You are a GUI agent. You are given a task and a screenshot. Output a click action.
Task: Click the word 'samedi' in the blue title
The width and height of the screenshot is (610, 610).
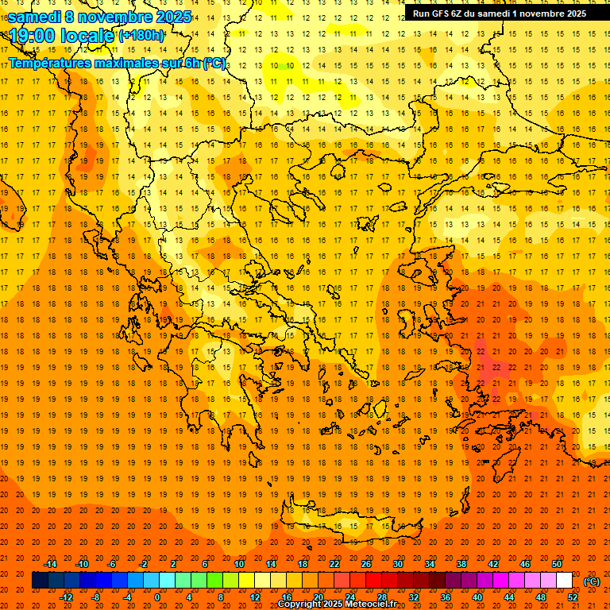35,17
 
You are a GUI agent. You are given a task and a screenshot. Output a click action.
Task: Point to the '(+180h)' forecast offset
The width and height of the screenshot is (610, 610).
141,36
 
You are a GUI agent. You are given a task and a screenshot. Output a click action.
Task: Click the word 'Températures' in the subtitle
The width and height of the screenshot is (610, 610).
49,63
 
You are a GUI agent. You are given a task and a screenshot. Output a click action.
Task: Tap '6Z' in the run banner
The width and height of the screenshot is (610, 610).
457,14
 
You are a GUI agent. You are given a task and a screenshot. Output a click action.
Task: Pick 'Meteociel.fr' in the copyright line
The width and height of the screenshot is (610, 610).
370,604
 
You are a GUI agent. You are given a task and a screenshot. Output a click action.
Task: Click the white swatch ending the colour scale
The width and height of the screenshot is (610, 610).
564,581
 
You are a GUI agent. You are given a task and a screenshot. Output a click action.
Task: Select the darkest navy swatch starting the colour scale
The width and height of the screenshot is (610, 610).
40,581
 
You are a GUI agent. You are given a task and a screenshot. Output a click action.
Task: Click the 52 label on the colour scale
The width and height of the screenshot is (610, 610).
573,597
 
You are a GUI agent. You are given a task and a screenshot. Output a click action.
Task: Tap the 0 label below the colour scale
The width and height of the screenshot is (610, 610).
158,597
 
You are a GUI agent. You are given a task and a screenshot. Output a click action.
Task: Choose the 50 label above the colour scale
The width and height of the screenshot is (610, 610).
557,564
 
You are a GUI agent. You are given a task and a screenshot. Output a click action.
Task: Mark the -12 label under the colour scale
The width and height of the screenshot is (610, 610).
66,597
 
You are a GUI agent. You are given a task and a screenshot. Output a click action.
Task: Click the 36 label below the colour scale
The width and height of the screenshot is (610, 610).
445,597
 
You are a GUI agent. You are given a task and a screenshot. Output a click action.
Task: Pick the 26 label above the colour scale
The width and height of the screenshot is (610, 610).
366,564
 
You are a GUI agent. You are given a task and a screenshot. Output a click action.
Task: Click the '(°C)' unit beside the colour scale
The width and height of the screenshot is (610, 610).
592,581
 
